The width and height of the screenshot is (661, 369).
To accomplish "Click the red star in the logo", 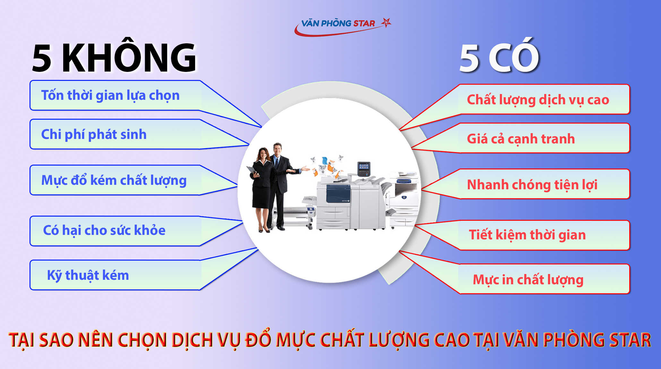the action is tap(386, 22).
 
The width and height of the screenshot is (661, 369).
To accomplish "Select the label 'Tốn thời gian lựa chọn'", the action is tap(110, 96).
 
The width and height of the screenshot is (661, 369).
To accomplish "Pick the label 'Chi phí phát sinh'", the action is tap(94, 134).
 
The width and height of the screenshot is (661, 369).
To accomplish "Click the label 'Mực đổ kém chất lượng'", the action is tap(114, 180).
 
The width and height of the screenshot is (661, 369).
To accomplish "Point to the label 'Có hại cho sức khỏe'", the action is tap(104, 230).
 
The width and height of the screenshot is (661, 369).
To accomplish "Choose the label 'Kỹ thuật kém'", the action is tap(88, 275).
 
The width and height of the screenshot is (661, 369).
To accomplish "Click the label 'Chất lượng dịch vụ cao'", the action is tap(538, 100).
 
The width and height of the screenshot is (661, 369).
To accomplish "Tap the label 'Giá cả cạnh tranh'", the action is tap(521, 139).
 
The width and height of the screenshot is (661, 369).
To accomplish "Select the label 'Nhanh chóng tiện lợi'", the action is tap(532, 184).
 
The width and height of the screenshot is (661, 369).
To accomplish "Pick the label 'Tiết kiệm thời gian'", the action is tap(527, 235).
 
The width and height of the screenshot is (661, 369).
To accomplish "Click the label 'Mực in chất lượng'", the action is tap(528, 279).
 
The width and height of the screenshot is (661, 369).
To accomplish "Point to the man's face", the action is tap(277, 149).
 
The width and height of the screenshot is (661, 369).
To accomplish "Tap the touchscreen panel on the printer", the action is tap(364, 167).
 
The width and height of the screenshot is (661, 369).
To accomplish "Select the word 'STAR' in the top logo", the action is tap(364, 23).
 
